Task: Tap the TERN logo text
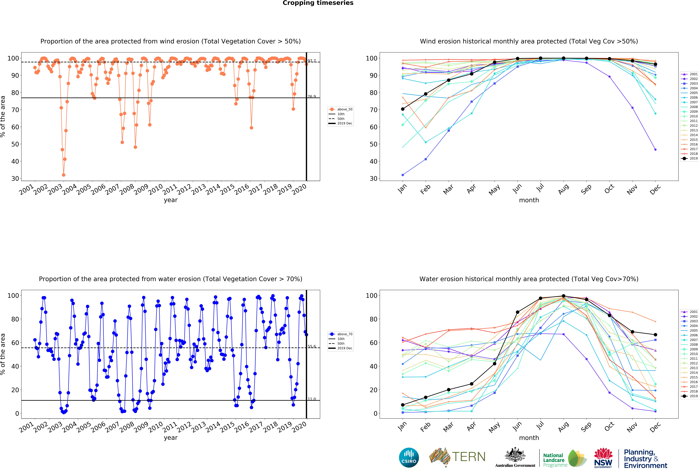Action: (469, 457)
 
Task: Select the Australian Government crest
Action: (515, 455)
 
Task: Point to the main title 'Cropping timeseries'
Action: (318, 3)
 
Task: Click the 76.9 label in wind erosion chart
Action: (312, 96)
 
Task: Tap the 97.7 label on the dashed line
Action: (312, 61)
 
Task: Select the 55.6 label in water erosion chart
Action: (312, 347)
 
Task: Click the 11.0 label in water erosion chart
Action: (312, 399)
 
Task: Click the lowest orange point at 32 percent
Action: (63, 175)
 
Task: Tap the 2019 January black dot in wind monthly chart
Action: (403, 109)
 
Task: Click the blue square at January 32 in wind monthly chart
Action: (403, 175)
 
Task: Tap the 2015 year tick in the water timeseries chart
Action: (227, 427)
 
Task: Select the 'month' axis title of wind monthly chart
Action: (529, 200)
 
